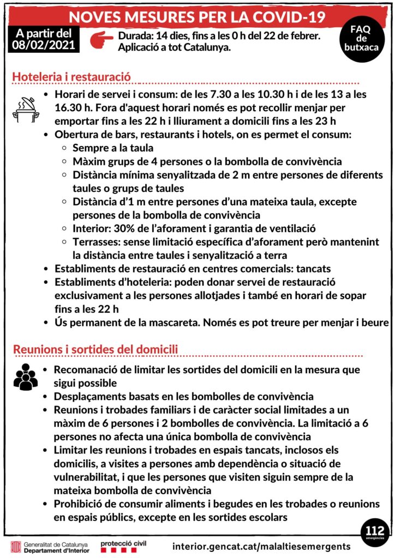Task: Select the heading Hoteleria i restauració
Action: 71,77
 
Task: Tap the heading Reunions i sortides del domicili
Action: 95,349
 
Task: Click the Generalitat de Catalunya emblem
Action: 16,545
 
